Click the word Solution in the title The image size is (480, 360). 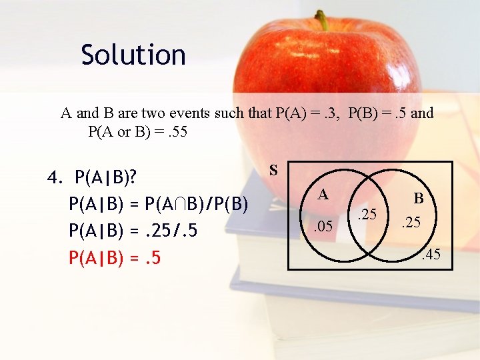[x=133, y=55]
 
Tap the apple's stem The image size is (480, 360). [x=323, y=21]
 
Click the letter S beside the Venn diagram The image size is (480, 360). [x=273, y=170]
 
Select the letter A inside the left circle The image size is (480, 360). [x=323, y=194]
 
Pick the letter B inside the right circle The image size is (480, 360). [x=419, y=198]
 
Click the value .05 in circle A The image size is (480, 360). [x=323, y=227]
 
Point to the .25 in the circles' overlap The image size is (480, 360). [x=367, y=215]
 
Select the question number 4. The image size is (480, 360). [x=55, y=178]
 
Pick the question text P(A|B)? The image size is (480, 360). [x=106, y=178]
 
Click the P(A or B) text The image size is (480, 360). [x=119, y=131]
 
